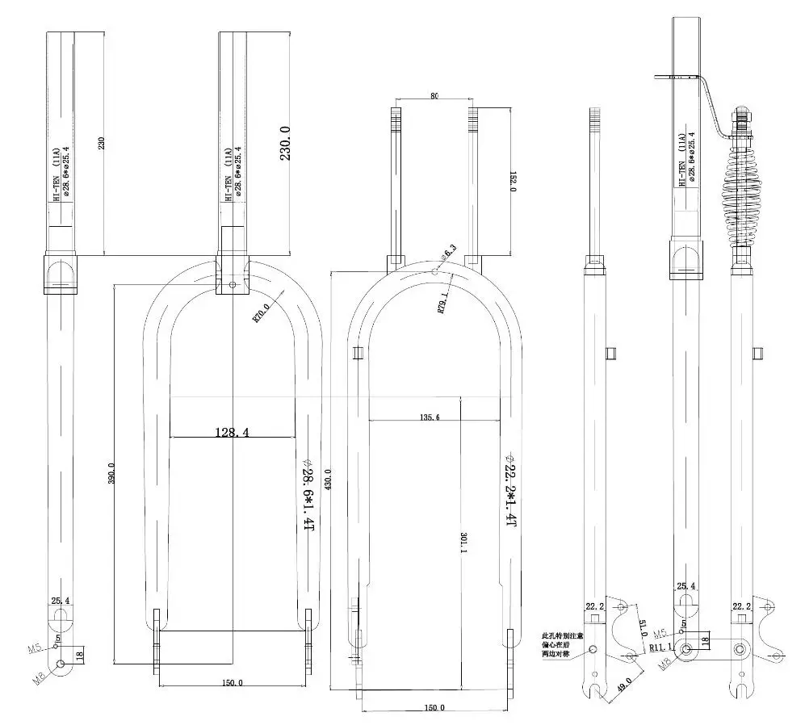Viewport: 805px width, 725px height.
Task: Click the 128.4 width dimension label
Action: point(231,433)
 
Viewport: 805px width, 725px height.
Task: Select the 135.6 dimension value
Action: point(430,417)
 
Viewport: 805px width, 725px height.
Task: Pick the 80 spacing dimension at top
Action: point(434,96)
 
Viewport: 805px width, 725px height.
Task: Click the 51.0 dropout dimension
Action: point(643,629)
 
